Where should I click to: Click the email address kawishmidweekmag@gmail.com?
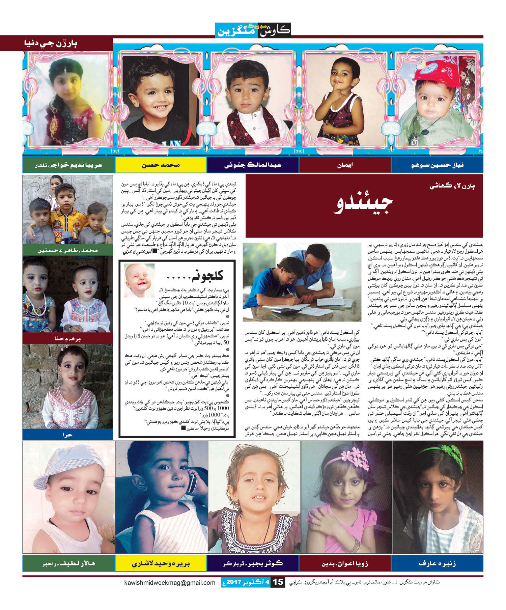170,583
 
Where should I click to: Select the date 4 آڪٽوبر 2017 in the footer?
248,582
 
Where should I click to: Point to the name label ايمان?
345,165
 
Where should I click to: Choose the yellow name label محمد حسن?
161,165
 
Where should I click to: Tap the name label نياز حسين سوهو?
437,165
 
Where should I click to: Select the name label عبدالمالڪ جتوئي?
253,165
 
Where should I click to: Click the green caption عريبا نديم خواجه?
69,165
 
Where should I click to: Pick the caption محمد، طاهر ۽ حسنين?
67,250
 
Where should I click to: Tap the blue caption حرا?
67,435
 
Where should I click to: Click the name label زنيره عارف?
437,563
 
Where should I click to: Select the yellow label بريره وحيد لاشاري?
161,563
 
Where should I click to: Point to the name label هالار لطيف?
69,563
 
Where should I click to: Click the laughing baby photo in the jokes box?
139,280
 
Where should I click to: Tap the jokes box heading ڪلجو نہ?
196,276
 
